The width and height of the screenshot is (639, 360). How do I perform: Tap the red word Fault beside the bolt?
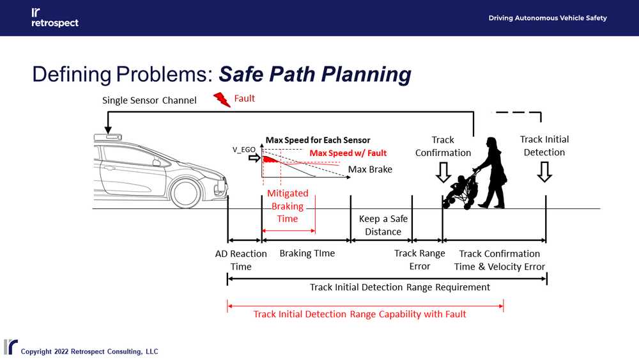point(245,98)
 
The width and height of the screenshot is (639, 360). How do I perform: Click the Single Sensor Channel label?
point(150,100)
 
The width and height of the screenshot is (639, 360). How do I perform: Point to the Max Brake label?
point(370,169)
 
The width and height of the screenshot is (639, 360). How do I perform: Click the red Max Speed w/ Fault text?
point(348,153)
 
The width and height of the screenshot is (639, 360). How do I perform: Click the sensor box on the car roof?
point(107,137)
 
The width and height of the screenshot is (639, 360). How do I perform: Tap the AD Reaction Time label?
point(241,260)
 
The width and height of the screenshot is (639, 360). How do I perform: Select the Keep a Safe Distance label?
point(383,225)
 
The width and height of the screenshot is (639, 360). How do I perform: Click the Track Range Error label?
point(419,260)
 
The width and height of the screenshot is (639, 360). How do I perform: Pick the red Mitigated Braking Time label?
point(288,206)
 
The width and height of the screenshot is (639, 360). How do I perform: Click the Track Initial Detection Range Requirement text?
point(400,287)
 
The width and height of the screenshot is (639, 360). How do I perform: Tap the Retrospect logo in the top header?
point(54,18)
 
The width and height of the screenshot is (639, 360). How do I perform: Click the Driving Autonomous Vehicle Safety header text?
point(548,18)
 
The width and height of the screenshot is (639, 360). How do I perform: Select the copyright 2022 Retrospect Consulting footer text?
point(89,352)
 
